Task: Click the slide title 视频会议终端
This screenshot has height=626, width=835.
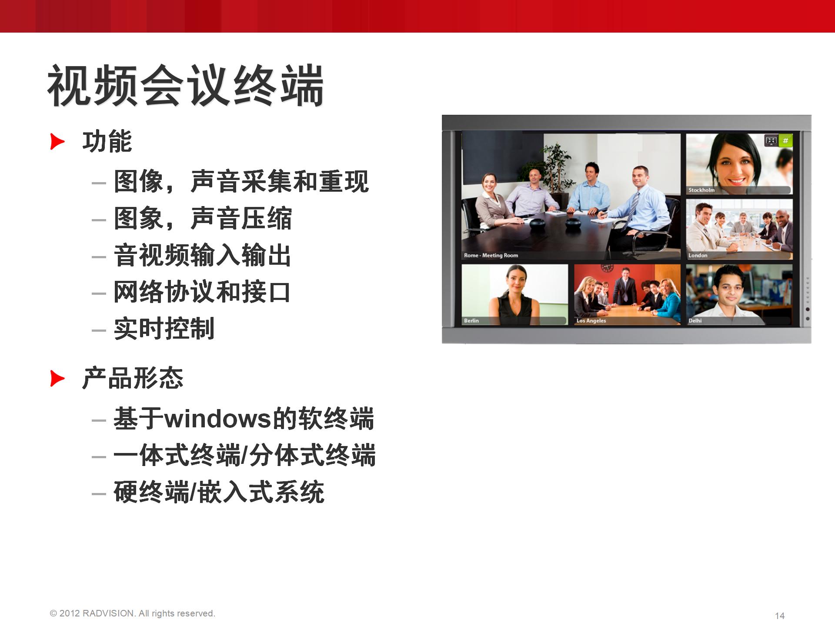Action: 186,85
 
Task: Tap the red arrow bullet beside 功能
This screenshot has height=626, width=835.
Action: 57,142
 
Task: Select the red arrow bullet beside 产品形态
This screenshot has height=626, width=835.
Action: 57,378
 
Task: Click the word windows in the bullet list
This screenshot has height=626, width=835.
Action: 217,419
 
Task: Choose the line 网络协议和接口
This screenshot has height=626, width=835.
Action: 202,292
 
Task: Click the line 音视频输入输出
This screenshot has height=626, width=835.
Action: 202,255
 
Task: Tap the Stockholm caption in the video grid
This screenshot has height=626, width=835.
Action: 701,190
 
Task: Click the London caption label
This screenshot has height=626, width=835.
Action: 698,255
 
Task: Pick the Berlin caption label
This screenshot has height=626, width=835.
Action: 471,320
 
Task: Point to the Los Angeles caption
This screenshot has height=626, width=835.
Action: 591,320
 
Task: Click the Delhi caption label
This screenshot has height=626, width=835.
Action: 695,320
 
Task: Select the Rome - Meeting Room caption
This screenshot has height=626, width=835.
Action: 491,255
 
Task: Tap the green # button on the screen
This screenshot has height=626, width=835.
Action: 785,140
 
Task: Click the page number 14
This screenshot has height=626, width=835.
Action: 780,616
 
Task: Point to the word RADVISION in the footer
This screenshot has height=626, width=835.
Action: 108,613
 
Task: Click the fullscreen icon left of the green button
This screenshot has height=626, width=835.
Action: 771,140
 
